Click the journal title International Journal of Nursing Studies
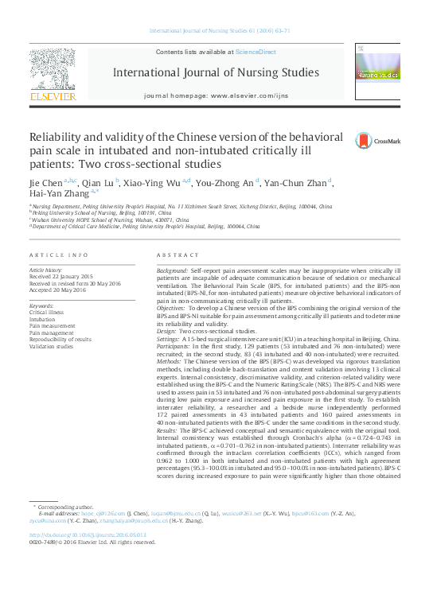216,73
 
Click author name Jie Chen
47,183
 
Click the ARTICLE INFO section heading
59,255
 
